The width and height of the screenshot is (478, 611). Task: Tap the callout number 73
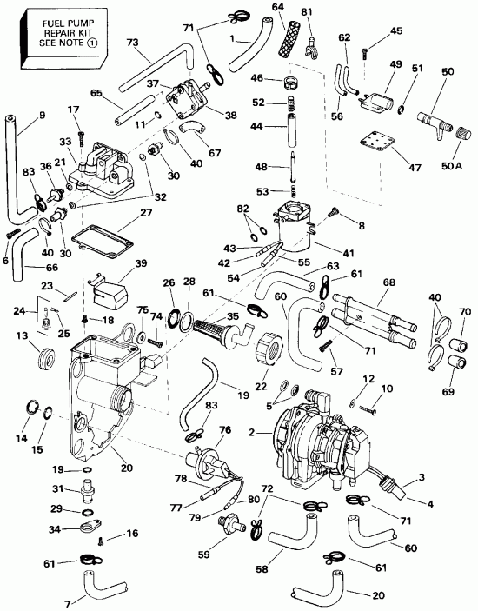pos(133,42)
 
